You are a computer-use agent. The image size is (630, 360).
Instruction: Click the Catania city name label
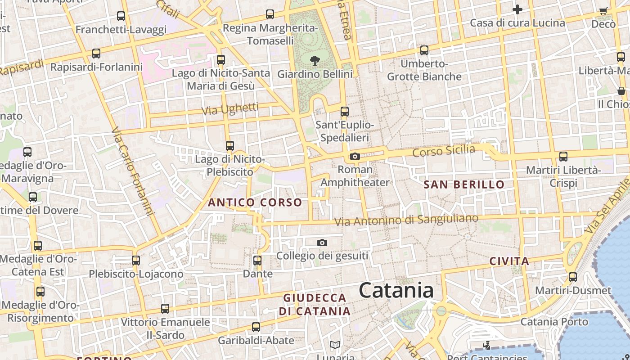pyautogui.click(x=396, y=290)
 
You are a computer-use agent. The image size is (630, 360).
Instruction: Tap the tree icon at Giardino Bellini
pyautogui.click(x=315, y=60)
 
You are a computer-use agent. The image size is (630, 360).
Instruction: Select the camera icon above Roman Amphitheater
pyautogui.click(x=355, y=156)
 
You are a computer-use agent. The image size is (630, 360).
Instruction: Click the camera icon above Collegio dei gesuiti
pyautogui.click(x=322, y=243)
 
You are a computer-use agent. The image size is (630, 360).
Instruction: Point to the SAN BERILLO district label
pyautogui.click(x=464, y=184)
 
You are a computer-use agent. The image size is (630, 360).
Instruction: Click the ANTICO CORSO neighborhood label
pyautogui.click(x=255, y=202)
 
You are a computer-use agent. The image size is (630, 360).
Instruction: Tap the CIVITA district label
pyautogui.click(x=509, y=261)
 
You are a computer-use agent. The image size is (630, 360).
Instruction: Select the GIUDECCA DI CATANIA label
pyautogui.click(x=315, y=305)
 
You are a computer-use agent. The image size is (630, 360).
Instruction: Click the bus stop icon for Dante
pyautogui.click(x=257, y=260)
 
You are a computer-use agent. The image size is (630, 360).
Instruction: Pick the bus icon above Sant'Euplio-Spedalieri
pyautogui.click(x=345, y=111)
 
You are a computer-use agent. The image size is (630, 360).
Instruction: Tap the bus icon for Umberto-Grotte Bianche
pyautogui.click(x=424, y=50)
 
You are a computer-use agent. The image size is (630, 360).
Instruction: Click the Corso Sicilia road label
pyautogui.click(x=444, y=151)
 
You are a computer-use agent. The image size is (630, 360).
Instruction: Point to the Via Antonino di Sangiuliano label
pyautogui.click(x=406, y=220)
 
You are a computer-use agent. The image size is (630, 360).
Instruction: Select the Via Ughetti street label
pyautogui.click(x=230, y=108)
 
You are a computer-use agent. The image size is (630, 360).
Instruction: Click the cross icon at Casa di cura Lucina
pyautogui.click(x=517, y=9)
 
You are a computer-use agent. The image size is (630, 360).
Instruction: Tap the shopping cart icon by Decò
pyautogui.click(x=603, y=11)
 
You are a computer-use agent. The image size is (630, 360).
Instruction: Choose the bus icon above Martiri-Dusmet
pyautogui.click(x=572, y=277)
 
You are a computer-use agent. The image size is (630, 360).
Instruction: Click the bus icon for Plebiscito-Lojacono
pyautogui.click(x=136, y=260)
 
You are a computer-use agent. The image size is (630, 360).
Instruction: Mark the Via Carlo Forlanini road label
pyautogui.click(x=133, y=171)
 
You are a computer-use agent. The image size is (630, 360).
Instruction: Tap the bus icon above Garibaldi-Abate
pyautogui.click(x=256, y=327)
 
